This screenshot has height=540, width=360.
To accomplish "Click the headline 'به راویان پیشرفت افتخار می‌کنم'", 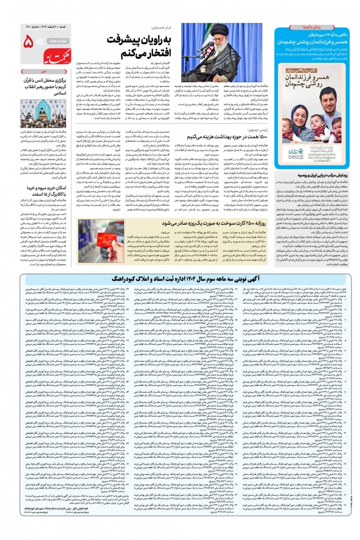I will (x=135, y=47).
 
